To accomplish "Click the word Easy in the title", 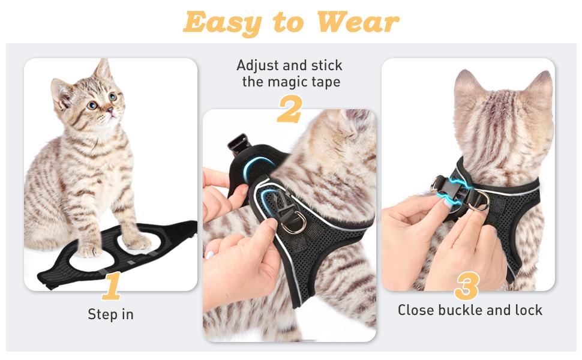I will (x=223, y=23).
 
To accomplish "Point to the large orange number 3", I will (x=466, y=286).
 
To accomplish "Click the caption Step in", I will (x=111, y=314).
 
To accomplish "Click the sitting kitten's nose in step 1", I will (x=110, y=109).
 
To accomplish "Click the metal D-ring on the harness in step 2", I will (x=294, y=224).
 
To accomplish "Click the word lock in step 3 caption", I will (x=529, y=310).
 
